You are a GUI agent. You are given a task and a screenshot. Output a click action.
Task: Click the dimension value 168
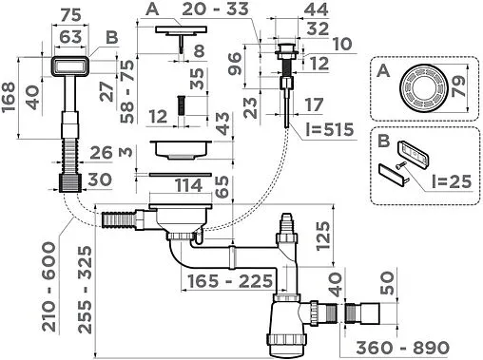(8, 97)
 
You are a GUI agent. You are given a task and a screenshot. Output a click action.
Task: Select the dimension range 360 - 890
(402, 348)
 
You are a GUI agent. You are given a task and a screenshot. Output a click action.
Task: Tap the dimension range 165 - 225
(230, 281)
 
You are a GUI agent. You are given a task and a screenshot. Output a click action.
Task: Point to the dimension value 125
(323, 236)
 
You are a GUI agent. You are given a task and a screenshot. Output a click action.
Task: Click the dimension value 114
(189, 185)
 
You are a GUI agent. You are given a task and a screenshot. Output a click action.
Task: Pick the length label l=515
(330, 129)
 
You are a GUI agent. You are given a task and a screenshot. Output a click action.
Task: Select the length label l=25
(452, 181)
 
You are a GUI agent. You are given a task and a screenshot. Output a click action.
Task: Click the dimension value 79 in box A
(458, 85)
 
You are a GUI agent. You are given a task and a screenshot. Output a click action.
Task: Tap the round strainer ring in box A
(422, 88)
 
